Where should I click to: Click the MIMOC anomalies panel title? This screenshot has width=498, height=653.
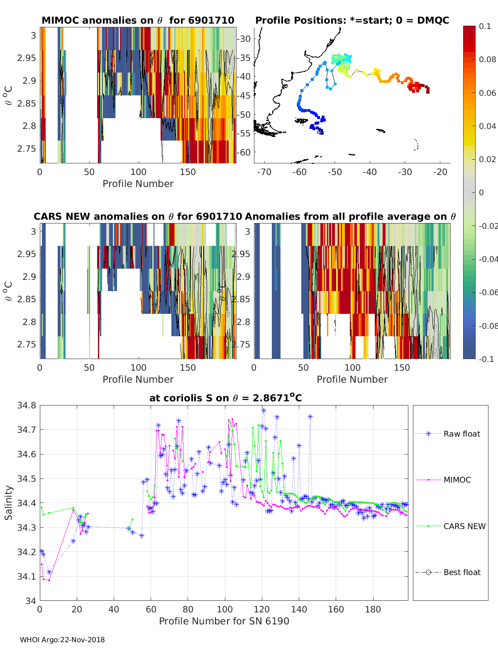138,20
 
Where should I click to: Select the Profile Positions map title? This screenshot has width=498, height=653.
352,20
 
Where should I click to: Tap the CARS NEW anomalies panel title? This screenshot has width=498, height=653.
138,216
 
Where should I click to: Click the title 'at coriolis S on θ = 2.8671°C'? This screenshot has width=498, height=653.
225,398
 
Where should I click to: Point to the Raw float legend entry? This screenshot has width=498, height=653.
461,434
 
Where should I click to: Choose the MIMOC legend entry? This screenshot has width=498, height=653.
457,480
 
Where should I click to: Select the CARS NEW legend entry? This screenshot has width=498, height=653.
464,526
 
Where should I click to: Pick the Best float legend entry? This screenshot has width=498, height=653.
461,572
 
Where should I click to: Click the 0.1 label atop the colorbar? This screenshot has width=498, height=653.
485,26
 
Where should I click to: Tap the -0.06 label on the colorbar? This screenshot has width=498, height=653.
487,292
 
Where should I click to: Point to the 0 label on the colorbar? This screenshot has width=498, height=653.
481,192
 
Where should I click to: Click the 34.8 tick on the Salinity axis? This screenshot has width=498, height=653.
27,405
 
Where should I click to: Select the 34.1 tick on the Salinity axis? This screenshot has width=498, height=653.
27,577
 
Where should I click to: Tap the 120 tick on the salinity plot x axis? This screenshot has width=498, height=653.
262,609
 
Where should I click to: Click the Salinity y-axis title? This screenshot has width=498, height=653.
9,502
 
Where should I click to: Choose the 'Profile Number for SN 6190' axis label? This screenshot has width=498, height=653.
224,621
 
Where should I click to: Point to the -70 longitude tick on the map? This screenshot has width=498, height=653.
264,172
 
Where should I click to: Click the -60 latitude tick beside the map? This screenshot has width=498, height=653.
244,152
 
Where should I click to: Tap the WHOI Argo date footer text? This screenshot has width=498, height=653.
62,640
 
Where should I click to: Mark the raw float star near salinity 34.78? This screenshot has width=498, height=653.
264,410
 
